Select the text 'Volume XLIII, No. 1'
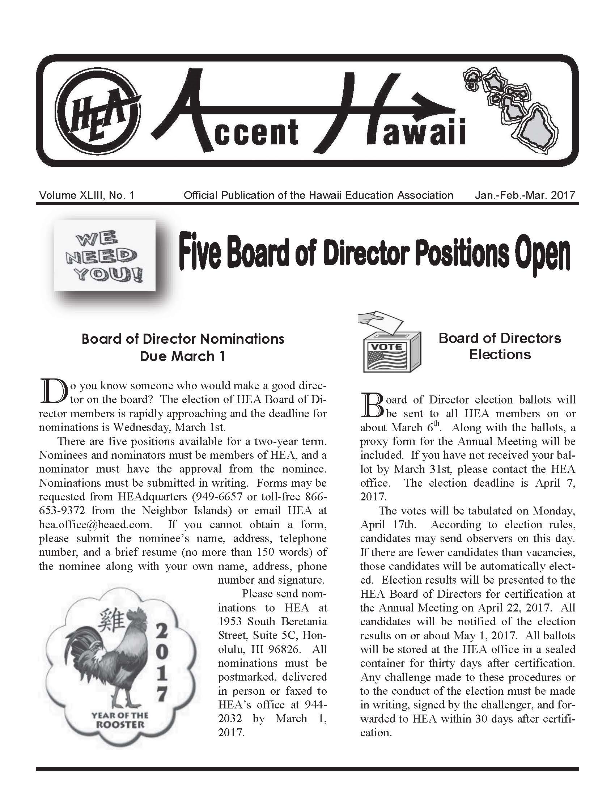tap(87, 195)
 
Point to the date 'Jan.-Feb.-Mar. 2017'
tap(525, 195)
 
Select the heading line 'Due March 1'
tap(183, 356)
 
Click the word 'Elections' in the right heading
tap(500, 354)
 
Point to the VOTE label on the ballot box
tap(387, 347)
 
